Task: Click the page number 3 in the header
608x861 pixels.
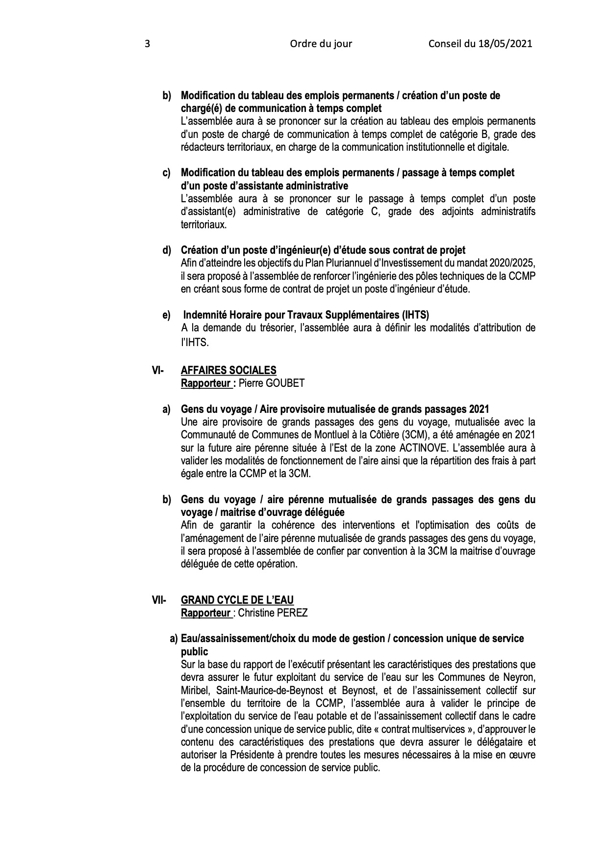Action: coord(147,44)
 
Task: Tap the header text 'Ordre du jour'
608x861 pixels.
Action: coord(321,44)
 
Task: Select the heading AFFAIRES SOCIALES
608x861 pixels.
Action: coord(228,371)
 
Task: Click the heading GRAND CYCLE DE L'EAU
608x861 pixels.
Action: coord(237,600)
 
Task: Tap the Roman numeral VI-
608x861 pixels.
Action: coord(158,371)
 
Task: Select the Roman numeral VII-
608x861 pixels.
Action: coord(159,600)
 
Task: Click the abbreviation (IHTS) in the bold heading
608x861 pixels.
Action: coord(416,315)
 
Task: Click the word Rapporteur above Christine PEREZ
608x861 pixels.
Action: coord(205,613)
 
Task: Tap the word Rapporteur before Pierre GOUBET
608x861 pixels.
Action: coord(205,383)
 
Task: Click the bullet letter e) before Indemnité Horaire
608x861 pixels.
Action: coord(167,315)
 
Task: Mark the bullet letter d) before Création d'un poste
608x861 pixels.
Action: coord(167,250)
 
